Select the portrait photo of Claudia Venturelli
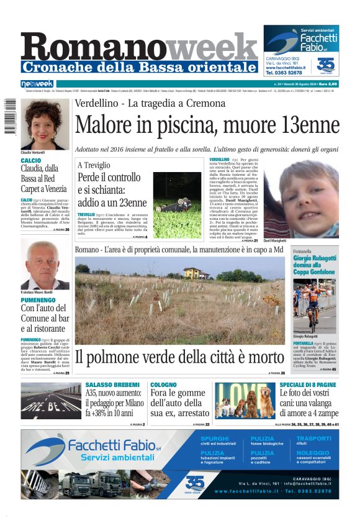click(45, 124)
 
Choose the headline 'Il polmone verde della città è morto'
click(179, 358)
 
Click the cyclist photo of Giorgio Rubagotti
click(315, 305)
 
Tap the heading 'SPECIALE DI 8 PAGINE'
click(308, 385)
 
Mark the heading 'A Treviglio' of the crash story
click(94, 165)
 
